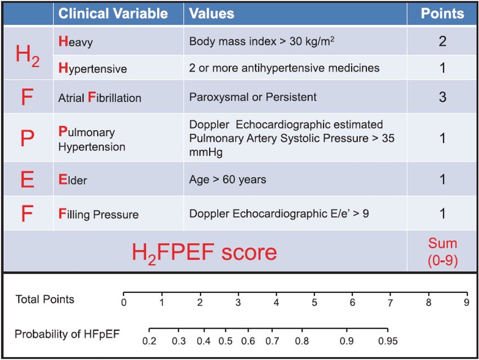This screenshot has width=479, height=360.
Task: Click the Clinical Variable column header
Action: point(113,13)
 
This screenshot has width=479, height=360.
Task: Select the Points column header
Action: point(442,13)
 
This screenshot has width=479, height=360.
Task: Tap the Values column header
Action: point(211,13)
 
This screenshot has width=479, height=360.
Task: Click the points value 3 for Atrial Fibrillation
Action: point(442,97)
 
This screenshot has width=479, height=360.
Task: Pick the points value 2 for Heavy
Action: point(442,41)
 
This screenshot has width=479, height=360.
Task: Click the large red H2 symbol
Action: point(27,55)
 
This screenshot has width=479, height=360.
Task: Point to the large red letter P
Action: point(27,139)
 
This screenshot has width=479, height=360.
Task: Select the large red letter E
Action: point(27,180)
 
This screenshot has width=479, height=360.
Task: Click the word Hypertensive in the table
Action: point(92,69)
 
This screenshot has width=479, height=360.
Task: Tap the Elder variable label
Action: point(73,181)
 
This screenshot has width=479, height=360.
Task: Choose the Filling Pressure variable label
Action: point(99,214)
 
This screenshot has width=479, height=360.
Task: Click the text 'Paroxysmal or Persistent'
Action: point(253,97)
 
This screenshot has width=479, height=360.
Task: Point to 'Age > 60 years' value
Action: point(228,180)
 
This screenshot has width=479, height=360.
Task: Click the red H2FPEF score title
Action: point(205,251)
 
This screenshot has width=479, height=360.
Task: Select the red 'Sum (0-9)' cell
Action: point(442,251)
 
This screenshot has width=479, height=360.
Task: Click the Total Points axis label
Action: point(45,299)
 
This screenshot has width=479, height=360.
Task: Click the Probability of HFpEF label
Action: point(67,334)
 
